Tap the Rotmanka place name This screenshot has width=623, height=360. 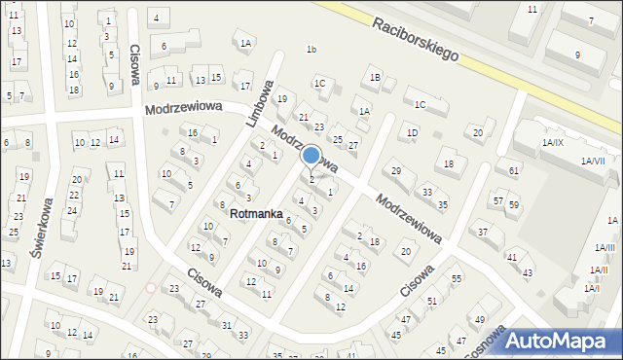tap(257, 212)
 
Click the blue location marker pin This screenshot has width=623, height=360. tap(311, 155)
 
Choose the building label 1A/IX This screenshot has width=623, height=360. tap(552, 143)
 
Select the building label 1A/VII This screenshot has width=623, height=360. tap(593, 161)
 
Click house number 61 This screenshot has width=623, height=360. tap(514, 170)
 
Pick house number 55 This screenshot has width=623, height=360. tap(455, 278)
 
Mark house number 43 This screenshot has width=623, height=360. tap(528, 273)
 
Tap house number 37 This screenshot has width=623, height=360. tap(483, 232)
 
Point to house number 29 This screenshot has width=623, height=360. tap(395, 171)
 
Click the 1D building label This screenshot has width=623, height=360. tap(413, 132)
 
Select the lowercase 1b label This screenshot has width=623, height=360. tap(311, 50)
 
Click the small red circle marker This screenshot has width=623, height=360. tap(150, 287)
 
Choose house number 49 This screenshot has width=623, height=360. tap(479, 320)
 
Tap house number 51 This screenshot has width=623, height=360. tap(431, 302)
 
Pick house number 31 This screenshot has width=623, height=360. tap(227, 324)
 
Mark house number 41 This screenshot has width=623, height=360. tap(511, 257)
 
